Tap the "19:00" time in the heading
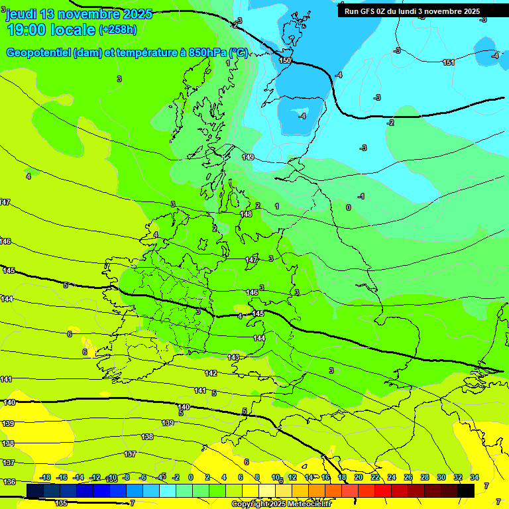pyautogui.click(x=27, y=30)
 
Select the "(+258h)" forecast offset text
pyautogui.click(x=118, y=30)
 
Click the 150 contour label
pyautogui.click(x=285, y=60)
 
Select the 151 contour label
pyautogui.click(x=449, y=62)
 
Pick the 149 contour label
pyautogui.click(x=248, y=157)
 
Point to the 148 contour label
pyautogui.click(x=246, y=214)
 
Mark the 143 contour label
pyautogui.click(x=233, y=357)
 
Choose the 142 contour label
pyautogui.click(x=211, y=373)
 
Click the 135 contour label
pyautogui.click(x=61, y=503)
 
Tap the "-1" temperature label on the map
pyautogui.click(x=361, y=196)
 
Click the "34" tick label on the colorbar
pyautogui.click(x=475, y=477)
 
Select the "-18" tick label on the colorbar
pyautogui.click(x=45, y=477)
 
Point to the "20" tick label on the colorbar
pyautogui.click(x=359, y=477)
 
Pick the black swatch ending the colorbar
pyautogui.click(x=466, y=490)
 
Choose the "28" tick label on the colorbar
pyautogui.click(x=425, y=477)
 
